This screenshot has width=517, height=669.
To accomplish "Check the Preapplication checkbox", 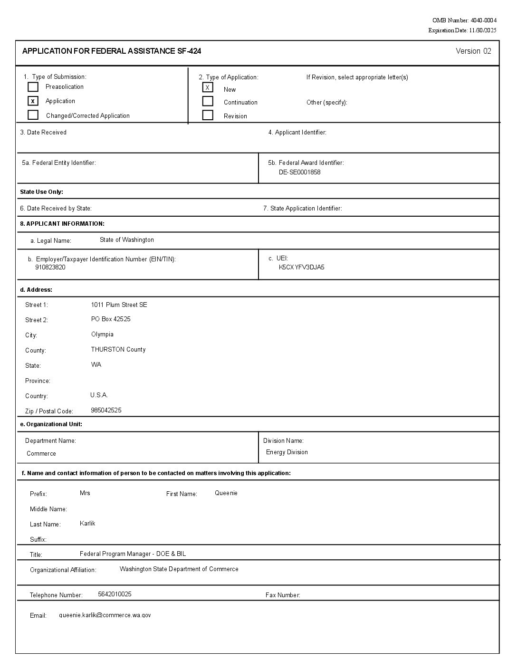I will pos(33,87).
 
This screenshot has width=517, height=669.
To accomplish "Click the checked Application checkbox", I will pos(33,101).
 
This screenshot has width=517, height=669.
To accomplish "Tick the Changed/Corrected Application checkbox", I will pos(33,115).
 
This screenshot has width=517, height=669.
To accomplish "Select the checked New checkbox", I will pos(208,87).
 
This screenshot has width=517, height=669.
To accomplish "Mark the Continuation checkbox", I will pos(208,101).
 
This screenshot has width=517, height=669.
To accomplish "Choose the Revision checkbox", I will pos(208,115).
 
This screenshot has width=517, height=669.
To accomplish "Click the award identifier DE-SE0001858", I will pos(299,172).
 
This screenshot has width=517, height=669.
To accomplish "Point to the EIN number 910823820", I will pos(50,267).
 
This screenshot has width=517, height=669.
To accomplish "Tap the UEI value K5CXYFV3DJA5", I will pos(301,267).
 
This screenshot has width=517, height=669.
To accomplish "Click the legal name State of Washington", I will pos(127,240).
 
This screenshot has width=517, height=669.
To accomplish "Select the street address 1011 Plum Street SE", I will pos(119,305).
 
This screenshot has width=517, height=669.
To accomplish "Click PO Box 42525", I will pos(111,319).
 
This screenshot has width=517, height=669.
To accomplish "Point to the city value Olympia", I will pos(102,334).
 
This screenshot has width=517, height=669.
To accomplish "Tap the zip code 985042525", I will pos(106,410).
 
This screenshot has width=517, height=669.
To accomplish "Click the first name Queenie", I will pos(226,493).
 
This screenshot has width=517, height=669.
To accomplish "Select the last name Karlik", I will pos(87,523).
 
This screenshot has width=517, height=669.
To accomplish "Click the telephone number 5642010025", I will pos(115,594).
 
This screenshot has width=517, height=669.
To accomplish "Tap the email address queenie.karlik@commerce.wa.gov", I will pos(105,615).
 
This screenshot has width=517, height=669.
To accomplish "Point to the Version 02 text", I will pos(473,51).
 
